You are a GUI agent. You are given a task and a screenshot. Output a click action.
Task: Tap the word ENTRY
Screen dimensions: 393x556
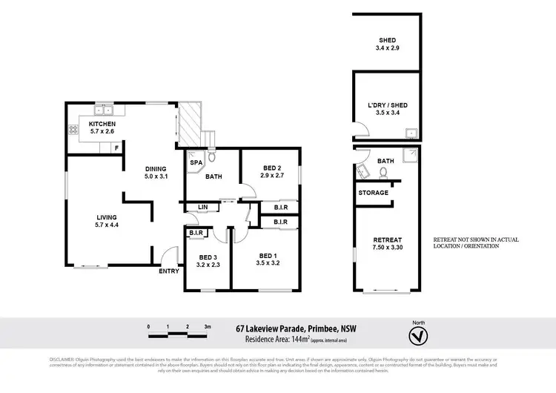[x=169, y=271]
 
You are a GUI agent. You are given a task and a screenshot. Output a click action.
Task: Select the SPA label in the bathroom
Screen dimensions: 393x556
[x=196, y=162]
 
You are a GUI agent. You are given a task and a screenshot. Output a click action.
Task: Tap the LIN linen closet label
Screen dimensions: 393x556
[x=202, y=207]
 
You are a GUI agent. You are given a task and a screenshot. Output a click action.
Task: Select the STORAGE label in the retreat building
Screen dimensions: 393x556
[x=373, y=193]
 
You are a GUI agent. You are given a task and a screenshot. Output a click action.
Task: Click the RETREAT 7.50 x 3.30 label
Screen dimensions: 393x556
[x=388, y=240]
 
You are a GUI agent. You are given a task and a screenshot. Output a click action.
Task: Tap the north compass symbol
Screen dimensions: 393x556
[x=419, y=335]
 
